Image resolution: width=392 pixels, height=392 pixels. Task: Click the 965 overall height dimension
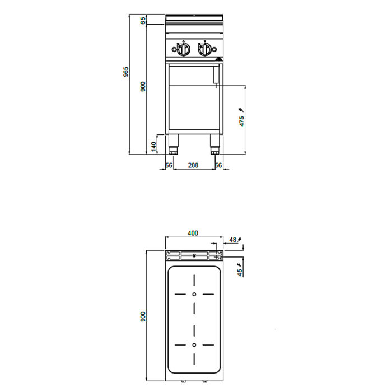tap(126, 72)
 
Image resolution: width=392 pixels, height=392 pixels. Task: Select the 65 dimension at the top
tap(143, 21)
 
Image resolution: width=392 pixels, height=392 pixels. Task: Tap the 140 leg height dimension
tap(154, 146)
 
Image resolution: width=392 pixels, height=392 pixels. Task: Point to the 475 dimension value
tap(241, 122)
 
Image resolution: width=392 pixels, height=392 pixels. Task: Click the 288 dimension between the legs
tap(193, 165)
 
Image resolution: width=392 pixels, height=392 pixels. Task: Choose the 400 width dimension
tap(193, 233)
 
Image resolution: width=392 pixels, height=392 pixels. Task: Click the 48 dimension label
tap(233, 240)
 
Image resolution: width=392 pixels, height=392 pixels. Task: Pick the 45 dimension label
tap(240, 273)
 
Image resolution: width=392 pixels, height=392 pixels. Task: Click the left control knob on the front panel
tap(183, 49)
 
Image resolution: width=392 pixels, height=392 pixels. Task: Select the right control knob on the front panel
tap(205, 49)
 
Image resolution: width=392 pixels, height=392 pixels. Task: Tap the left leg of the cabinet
tap(173, 144)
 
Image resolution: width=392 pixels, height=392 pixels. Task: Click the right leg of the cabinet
tap(214, 144)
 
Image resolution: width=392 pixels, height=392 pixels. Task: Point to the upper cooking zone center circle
tap(194, 294)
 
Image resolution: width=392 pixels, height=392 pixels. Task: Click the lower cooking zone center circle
tap(194, 345)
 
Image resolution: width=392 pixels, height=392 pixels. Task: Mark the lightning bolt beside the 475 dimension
tap(241, 110)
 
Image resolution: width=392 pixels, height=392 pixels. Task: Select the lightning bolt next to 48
tap(240, 240)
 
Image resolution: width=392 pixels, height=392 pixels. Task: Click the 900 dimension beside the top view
tap(143, 317)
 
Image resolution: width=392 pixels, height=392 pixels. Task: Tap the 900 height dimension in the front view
tap(143, 86)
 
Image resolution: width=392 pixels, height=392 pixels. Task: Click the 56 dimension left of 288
tap(169, 165)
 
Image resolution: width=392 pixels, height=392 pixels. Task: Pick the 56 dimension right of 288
tap(218, 165)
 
